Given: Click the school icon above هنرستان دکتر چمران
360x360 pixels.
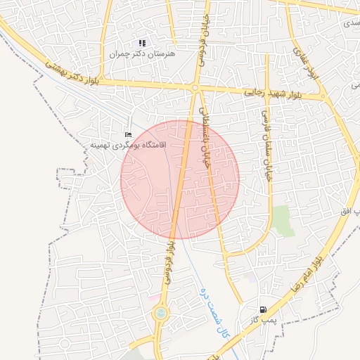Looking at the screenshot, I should click(143, 44).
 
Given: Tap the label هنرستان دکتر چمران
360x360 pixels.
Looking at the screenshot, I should click(143, 53).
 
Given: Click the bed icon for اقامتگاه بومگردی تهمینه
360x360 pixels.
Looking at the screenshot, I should click(127, 134).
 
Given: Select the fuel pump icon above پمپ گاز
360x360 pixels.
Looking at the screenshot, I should click(263, 309).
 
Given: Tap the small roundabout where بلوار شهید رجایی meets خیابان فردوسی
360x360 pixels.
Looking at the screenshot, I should click(195, 88).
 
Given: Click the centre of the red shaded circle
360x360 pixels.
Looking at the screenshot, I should click(180, 179).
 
